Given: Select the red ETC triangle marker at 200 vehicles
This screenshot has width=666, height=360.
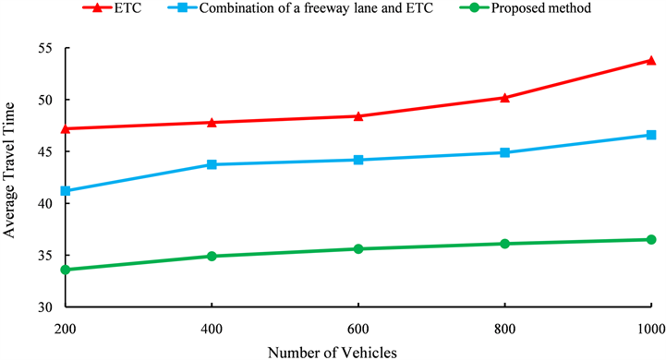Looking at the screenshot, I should (66, 128).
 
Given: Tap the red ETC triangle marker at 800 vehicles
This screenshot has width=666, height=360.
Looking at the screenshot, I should (504, 97).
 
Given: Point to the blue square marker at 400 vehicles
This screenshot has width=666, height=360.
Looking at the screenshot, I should (212, 164).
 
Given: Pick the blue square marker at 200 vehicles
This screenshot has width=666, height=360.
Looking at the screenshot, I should (66, 191).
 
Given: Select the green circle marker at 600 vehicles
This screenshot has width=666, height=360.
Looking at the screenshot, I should (358, 249).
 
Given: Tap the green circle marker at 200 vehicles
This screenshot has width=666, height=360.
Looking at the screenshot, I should (66, 270).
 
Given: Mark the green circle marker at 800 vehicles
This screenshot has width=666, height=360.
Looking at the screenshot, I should (504, 244).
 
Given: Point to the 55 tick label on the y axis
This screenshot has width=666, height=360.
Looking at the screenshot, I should (44, 48).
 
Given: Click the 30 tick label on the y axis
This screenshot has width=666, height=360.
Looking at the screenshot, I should (44, 307).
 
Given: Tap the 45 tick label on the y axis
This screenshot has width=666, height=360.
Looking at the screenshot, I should (44, 151).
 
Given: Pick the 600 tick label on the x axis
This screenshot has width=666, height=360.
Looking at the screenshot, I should (358, 329).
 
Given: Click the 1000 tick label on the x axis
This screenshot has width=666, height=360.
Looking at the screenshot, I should (649, 329).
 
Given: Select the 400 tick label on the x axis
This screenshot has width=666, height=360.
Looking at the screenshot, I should (212, 329).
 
